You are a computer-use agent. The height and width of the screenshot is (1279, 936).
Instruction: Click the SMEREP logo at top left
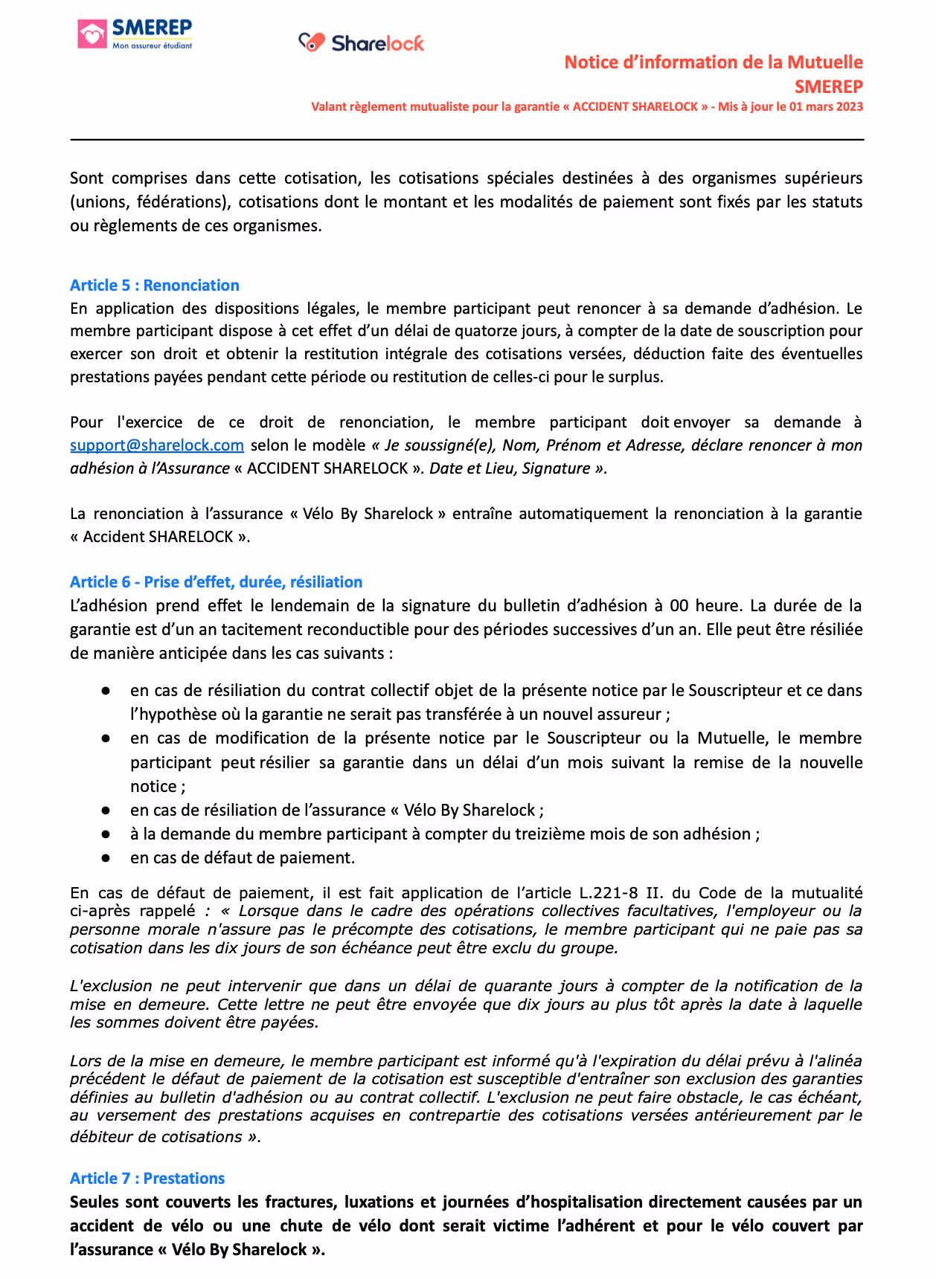[x=135, y=34]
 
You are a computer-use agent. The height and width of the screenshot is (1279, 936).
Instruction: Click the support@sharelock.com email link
[x=157, y=445]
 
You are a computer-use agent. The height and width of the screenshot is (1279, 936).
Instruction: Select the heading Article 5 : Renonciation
[x=155, y=286]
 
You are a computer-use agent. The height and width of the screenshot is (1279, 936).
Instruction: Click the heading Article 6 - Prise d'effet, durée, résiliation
[x=216, y=582]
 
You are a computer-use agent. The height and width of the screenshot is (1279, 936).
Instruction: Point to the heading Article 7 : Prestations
[x=147, y=1179]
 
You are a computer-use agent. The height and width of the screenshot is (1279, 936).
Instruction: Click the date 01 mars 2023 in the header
[x=826, y=106]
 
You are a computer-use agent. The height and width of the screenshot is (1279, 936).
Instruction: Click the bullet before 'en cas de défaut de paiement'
[x=106, y=858]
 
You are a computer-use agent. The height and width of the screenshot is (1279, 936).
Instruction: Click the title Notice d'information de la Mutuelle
[x=714, y=62]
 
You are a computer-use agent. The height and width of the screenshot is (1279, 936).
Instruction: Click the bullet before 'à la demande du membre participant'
[x=106, y=834]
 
